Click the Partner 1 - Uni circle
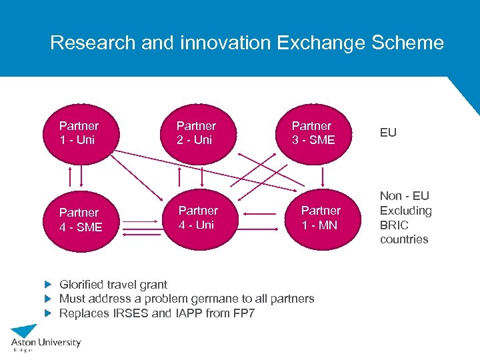tap(79, 133)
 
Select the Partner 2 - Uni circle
tap(196, 133)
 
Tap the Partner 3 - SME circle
tap(312, 133)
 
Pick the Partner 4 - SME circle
tap(79, 219)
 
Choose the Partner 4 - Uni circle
tap(198, 218)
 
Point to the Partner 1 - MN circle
tap(321, 218)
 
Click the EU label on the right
tap(388, 133)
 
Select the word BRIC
tap(394, 225)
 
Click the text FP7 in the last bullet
tap(243, 313)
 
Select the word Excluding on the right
tap(405, 211)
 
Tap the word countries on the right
tap(404, 240)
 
